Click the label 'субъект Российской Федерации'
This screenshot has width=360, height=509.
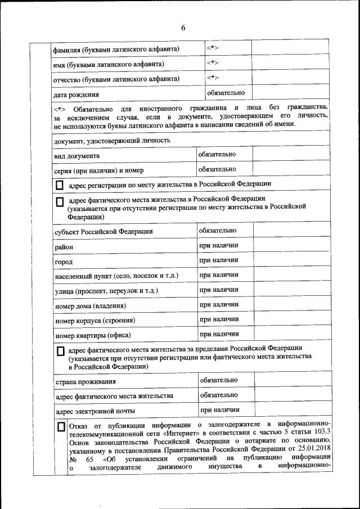103,232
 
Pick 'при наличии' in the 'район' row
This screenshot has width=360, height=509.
219,245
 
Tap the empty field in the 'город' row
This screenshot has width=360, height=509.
291,261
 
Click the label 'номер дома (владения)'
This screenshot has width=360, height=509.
90,306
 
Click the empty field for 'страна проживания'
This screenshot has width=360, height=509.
291,381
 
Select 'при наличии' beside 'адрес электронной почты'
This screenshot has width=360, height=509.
219,410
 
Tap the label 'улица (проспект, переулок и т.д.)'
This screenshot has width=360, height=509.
106,291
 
